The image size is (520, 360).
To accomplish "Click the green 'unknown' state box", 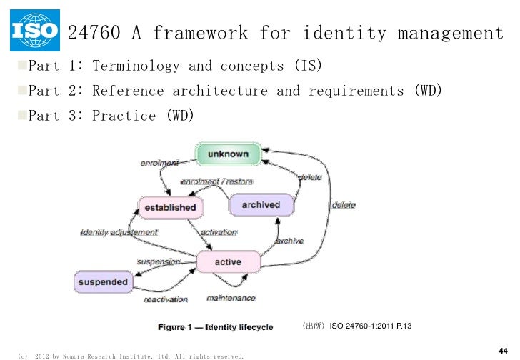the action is tap(228, 154).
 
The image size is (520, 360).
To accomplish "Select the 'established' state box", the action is tap(170, 207).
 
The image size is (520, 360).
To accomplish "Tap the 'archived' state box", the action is tap(261, 205).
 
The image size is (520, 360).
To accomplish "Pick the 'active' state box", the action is tap(228, 262).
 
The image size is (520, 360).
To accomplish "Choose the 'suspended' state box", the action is tap(103, 281).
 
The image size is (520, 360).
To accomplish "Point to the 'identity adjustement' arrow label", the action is tap(119, 232).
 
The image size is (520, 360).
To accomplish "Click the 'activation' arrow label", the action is tap(219, 232).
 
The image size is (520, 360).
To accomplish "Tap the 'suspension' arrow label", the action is tap(159, 262).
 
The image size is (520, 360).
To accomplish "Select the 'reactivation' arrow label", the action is tap(166, 299).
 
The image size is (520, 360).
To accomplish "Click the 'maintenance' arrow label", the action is tap(231, 297).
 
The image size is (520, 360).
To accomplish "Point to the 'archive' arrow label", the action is tap(289, 241).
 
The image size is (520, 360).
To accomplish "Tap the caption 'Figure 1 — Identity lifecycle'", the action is tap(215, 327).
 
